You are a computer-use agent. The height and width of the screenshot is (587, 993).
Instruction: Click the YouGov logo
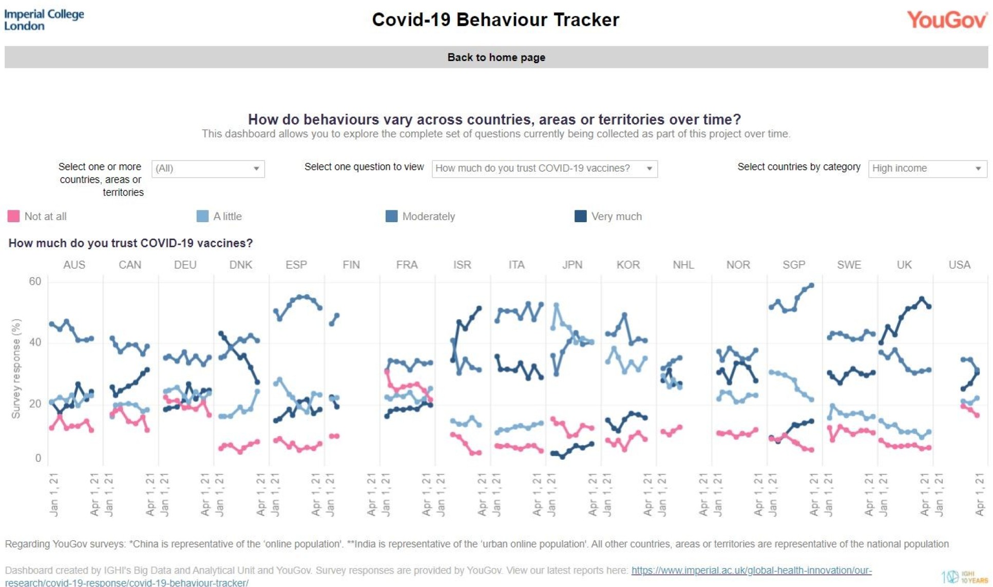pos(946,20)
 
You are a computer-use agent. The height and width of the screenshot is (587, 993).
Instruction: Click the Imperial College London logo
pos(44,19)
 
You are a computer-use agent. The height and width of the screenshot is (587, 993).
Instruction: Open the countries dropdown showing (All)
pos(208,168)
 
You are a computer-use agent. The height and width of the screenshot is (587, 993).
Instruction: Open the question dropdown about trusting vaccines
pos(544,168)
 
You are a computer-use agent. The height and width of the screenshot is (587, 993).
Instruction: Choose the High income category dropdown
pos(927,168)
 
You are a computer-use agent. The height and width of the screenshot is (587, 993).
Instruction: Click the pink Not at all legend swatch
pos(14,216)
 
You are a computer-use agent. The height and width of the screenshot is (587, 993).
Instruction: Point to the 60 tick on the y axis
pos(35,281)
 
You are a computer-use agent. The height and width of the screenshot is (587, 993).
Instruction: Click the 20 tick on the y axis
pos(35,403)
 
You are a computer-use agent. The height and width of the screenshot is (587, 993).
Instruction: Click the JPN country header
pos(572,265)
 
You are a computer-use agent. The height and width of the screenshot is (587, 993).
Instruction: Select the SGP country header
pos(794,265)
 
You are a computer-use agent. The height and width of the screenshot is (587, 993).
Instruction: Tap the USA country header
pos(959,265)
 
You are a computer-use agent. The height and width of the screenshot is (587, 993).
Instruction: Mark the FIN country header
pos(351,265)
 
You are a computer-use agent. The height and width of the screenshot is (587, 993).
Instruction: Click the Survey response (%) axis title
pos(16,368)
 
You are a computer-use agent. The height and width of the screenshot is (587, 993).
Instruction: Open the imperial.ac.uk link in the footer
pos(751,571)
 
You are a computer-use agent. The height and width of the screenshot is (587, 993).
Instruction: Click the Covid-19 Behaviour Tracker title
pos(495,19)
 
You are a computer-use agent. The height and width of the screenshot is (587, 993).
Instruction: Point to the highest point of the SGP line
pos(811,285)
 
